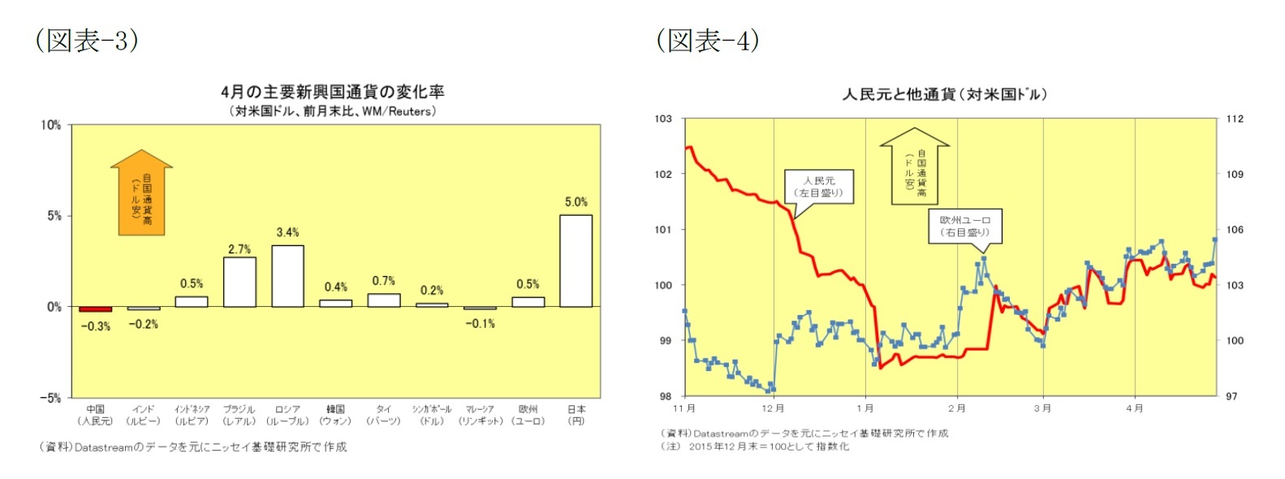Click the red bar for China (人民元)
95,309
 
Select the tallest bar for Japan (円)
576,261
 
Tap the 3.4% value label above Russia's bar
287,232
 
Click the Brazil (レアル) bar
239,282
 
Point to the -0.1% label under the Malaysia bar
480,323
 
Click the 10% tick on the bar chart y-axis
50,125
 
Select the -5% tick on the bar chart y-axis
50,398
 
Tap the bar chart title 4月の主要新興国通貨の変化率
332,92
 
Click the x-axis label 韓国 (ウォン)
335,415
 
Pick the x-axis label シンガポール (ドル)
432,415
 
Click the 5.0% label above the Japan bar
576,201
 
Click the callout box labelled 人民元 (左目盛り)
819,187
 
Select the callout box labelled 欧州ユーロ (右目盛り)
965,226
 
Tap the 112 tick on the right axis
1234,119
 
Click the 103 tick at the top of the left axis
663,119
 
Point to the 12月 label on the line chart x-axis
773,408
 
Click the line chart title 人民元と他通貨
944,94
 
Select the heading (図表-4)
708,40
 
